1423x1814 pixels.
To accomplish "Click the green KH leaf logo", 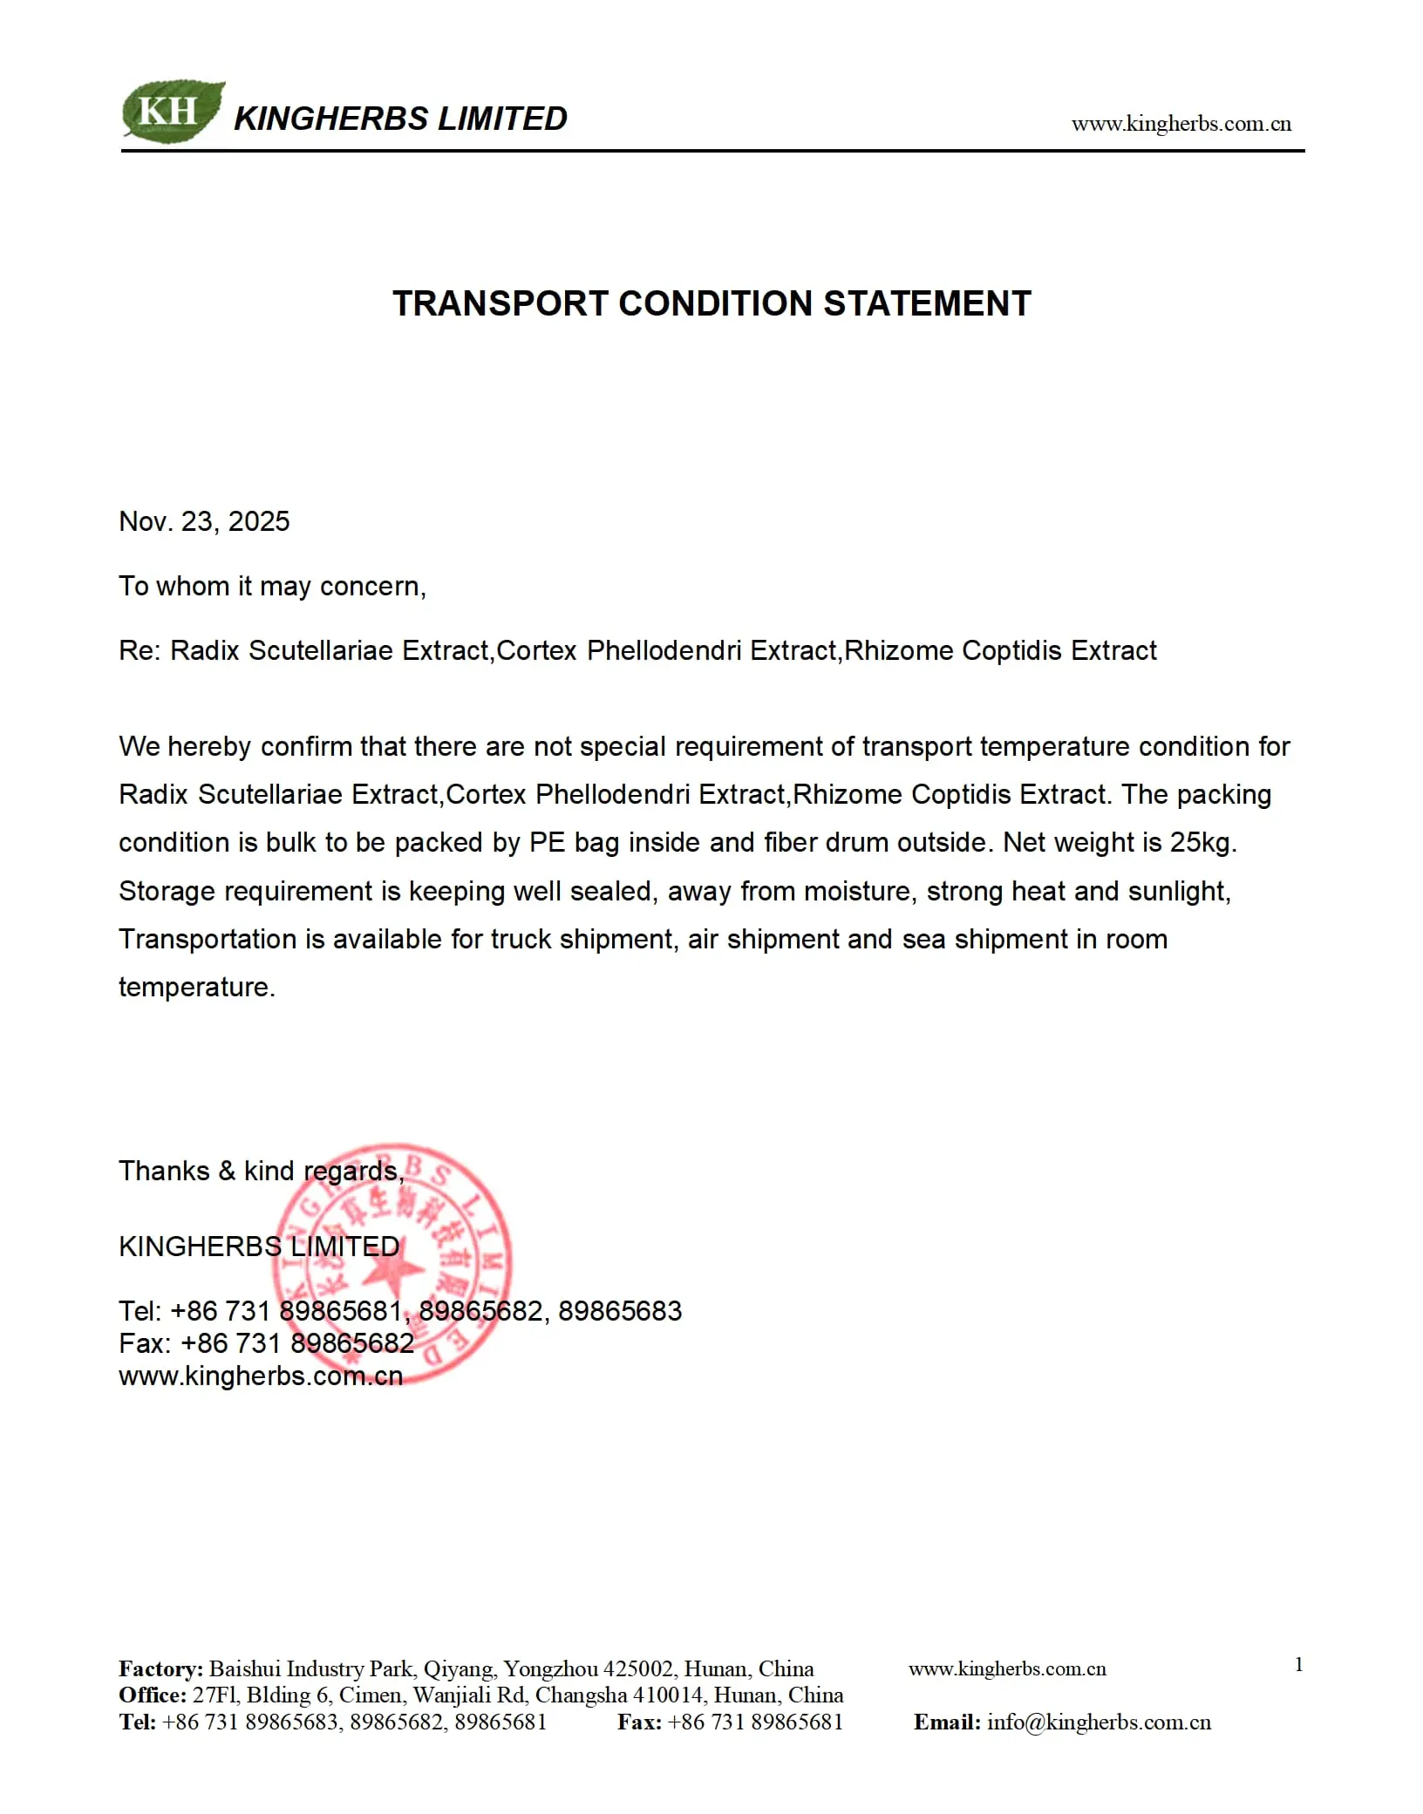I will tap(172, 112).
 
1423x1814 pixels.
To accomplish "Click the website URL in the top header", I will tap(1181, 124).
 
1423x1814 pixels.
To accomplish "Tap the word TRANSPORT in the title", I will tap(500, 304).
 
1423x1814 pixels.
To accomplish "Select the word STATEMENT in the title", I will tap(927, 304).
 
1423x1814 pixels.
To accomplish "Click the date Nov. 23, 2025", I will tap(204, 521).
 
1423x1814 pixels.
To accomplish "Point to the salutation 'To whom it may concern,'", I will tap(272, 587).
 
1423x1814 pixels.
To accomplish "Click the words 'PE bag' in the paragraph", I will tap(574, 843).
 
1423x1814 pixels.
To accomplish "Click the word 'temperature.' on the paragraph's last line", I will tap(197, 988).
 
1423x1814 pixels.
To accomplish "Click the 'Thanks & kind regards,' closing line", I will tap(262, 1171).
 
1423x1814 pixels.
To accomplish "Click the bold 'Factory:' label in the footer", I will tap(160, 1668).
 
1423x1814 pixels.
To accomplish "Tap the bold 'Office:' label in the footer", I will tap(153, 1695).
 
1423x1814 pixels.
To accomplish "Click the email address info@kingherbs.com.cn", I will tap(1099, 1722).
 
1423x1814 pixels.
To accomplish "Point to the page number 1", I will tap(1298, 1664).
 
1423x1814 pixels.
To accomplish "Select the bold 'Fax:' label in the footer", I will tap(639, 1722).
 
